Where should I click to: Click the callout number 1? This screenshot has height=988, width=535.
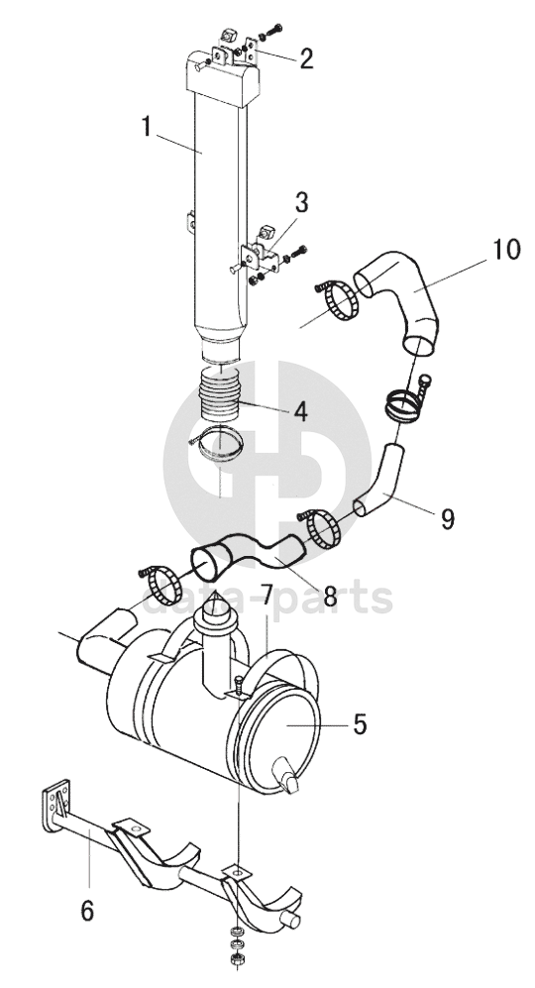[146, 128]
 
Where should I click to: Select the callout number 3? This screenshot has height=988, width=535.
[301, 203]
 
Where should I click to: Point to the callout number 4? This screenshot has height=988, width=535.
[299, 411]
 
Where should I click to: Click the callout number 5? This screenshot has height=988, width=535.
[360, 724]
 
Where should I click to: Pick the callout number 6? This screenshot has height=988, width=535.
[87, 910]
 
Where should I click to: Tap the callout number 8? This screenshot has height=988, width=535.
[330, 597]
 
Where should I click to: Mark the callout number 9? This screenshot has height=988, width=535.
[448, 519]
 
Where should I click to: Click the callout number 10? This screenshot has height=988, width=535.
[506, 250]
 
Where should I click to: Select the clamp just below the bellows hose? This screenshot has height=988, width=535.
[217, 444]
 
